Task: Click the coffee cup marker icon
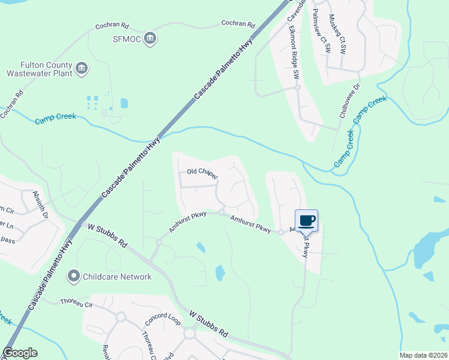point(306,220)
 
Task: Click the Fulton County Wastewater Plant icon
point(82,69)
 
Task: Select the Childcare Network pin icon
point(74,277)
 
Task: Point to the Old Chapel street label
point(201,172)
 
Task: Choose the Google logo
point(20,353)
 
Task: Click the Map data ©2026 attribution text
point(423,355)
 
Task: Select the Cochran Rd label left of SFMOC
point(112,27)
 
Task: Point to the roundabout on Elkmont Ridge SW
point(297,88)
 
